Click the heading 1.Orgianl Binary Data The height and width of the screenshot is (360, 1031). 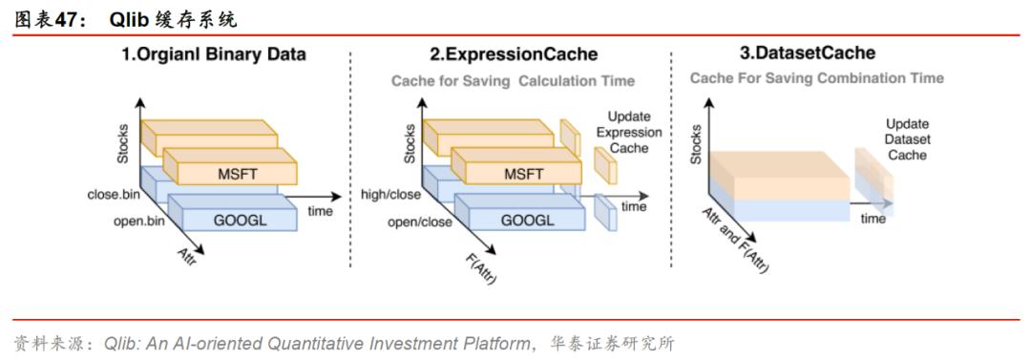pyautogui.click(x=213, y=54)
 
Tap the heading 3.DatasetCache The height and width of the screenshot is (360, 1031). pyautogui.click(x=810, y=53)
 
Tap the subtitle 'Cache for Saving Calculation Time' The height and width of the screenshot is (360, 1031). pyautogui.click(x=513, y=81)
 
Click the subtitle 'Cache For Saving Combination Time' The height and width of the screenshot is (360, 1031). pyautogui.click(x=817, y=78)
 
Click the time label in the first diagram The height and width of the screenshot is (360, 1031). pyautogui.click(x=320, y=210)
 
